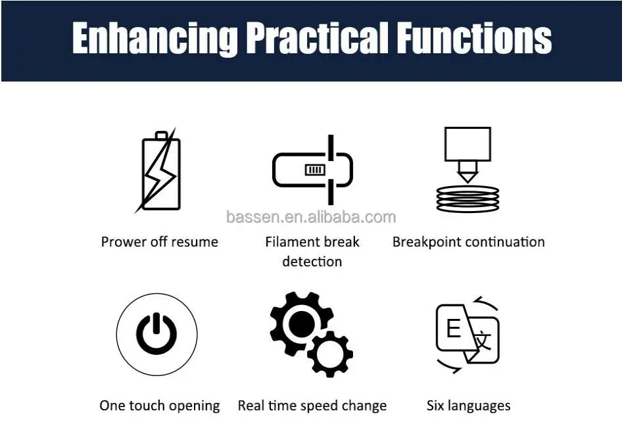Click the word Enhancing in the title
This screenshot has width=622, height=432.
pyautogui.click(x=155, y=39)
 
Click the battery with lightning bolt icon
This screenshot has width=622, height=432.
pyautogui.click(x=158, y=170)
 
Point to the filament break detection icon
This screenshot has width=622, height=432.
pyautogui.click(x=312, y=170)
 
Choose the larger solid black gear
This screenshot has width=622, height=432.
pyautogui.click(x=302, y=322)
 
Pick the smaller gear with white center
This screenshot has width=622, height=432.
pyautogui.click(x=330, y=354)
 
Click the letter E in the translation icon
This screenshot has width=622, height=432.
pyautogui.click(x=454, y=329)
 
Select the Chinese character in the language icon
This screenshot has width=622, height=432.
pyautogui.click(x=483, y=341)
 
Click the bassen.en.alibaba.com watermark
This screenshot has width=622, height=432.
pyautogui.click(x=311, y=217)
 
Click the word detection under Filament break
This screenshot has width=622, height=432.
pyautogui.click(x=312, y=262)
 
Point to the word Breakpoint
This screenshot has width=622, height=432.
pyautogui.click(x=427, y=242)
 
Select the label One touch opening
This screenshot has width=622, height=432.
pyautogui.click(x=160, y=406)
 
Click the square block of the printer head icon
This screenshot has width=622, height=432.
pyautogui.click(x=467, y=143)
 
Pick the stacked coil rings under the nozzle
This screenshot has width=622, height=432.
pyautogui.click(x=467, y=199)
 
